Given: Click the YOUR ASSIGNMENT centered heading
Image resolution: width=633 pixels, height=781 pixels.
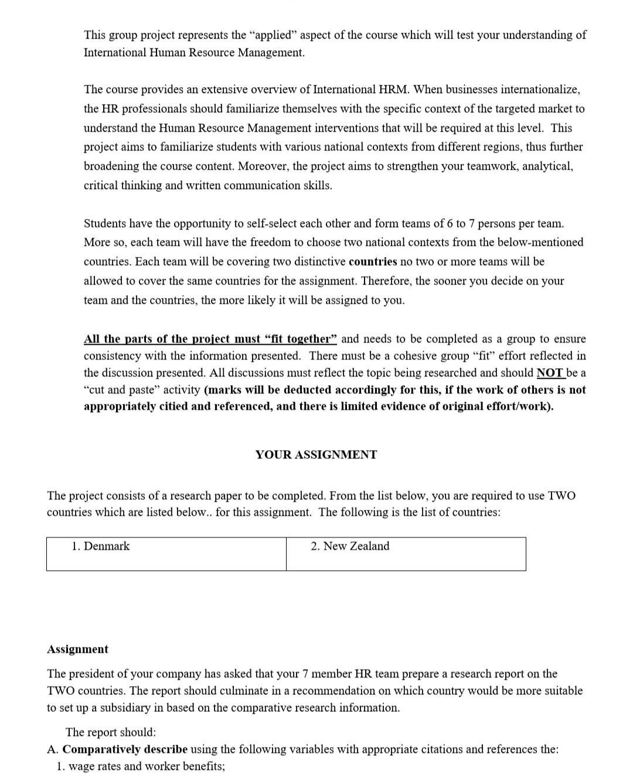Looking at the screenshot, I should point(316,455).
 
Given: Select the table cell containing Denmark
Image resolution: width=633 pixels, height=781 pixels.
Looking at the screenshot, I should point(166,553).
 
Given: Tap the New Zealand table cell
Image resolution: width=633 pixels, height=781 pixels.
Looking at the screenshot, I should point(406,553).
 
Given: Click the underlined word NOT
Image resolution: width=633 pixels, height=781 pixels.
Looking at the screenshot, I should point(550,373).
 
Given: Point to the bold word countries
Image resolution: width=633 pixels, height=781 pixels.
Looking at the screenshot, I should point(373,262).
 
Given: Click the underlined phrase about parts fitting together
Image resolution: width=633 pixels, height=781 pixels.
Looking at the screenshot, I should point(210,339).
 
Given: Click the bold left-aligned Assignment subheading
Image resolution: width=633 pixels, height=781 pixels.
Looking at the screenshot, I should point(77,649).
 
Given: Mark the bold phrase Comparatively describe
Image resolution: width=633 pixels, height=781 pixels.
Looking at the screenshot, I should point(125,749).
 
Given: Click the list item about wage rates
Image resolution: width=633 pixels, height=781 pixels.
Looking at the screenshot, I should point(141,766).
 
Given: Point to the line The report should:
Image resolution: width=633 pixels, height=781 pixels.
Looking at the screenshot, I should point(111,732).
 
